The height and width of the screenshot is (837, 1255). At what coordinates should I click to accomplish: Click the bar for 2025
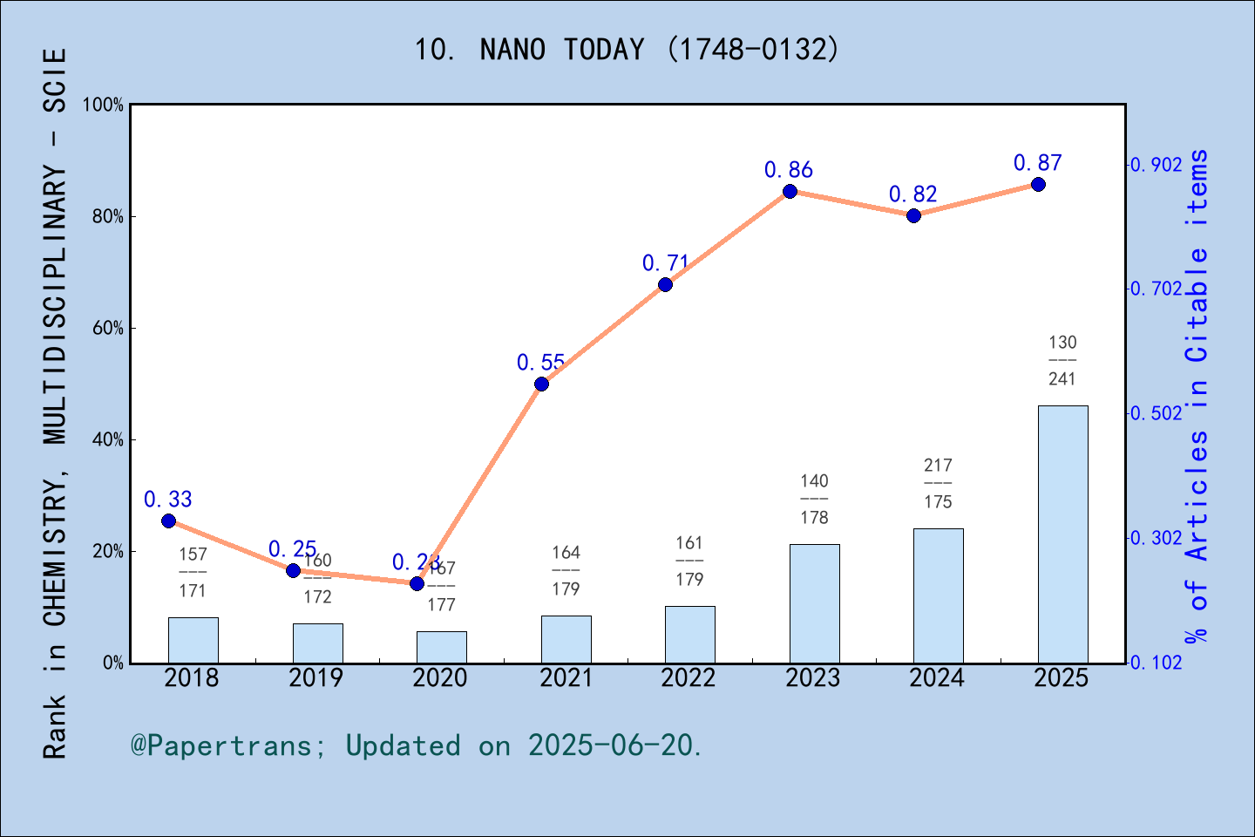pos(1062,534)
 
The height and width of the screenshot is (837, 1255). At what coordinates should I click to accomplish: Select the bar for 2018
pos(193,640)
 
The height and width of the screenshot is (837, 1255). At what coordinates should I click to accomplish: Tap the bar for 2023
pos(814,603)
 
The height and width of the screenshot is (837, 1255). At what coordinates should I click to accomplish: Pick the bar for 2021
pos(566,639)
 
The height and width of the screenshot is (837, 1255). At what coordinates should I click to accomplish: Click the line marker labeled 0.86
pos(790,192)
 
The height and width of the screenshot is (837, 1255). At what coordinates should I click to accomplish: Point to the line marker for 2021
pos(541,384)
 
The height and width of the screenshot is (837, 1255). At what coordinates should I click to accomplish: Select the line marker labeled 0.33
pos(168,521)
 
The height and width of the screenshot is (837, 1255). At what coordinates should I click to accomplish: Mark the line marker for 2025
pos(1038,185)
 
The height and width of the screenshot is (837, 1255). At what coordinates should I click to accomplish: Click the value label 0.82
pos(912,194)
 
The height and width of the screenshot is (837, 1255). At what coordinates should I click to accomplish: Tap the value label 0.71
pos(665,262)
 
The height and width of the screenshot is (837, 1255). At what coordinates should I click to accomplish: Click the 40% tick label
pos(108,440)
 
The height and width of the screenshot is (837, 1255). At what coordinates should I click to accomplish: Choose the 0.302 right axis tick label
pos(1157,538)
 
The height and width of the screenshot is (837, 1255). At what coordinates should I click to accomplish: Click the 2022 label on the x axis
pos(689,678)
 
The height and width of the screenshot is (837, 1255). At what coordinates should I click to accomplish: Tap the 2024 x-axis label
pos(937,678)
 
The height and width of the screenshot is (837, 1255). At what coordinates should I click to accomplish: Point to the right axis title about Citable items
pos(1197,397)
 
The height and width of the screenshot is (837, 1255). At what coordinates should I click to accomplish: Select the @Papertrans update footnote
pos(417,745)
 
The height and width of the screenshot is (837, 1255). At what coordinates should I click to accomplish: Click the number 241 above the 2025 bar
pos(1062,379)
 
